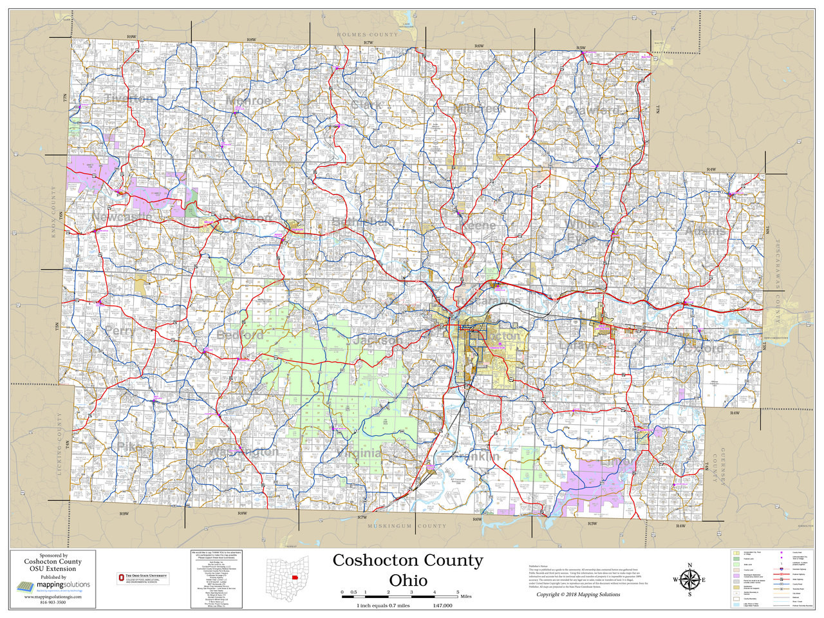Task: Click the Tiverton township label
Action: (x=129, y=98)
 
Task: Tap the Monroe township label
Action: (x=248, y=101)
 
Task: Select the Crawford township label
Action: (x=592, y=111)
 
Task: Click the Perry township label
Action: (x=120, y=331)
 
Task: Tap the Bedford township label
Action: (x=240, y=335)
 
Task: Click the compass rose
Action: (x=689, y=579)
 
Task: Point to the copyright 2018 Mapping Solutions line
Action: (x=578, y=594)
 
